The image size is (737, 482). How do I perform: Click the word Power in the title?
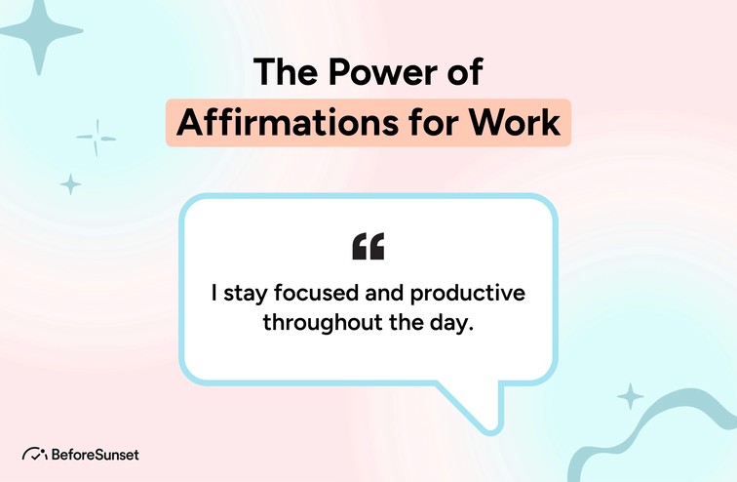[x=382, y=72]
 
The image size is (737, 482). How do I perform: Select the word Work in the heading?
[x=515, y=123]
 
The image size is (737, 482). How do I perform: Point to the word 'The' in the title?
[x=286, y=72]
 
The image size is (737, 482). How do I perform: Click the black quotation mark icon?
[x=368, y=246]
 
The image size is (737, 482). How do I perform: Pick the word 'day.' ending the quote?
[x=451, y=324]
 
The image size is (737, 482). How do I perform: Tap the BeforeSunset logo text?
[x=95, y=455]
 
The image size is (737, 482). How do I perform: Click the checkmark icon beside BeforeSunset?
[x=34, y=454]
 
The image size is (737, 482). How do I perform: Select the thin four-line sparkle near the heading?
[x=97, y=139]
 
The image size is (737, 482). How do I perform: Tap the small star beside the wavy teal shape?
[x=631, y=396]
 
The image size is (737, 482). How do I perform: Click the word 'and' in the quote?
[x=384, y=293]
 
